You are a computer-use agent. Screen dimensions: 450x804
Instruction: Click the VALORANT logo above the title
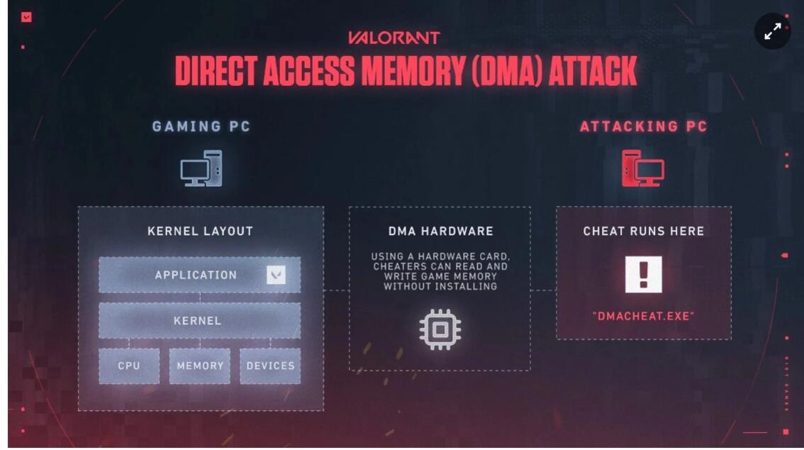[393, 38]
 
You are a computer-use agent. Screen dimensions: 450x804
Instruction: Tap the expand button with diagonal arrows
[772, 31]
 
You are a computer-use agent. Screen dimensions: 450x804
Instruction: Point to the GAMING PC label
[201, 127]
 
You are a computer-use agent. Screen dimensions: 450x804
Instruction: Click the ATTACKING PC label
[643, 127]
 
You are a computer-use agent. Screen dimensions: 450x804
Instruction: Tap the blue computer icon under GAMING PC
[201, 169]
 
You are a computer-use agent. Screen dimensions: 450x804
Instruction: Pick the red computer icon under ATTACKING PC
[642, 169]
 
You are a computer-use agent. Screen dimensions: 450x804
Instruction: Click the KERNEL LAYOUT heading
[200, 231]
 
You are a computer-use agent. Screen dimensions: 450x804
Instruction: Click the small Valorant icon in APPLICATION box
[276, 275]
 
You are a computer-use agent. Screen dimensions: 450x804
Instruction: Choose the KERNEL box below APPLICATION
[199, 321]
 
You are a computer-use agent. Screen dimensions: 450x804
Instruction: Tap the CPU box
[129, 366]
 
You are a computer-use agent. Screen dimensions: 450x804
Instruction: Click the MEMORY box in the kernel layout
[200, 366]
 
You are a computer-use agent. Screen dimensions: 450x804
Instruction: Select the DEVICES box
[270, 366]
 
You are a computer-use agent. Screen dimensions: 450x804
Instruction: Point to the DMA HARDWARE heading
[440, 231]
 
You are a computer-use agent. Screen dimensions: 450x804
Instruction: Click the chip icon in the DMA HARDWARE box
[440, 329]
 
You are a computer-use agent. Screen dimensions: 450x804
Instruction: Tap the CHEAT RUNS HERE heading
[643, 231]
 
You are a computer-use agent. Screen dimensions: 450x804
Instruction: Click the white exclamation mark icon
[643, 275]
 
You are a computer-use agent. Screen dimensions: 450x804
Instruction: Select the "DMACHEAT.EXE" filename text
[643, 317]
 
